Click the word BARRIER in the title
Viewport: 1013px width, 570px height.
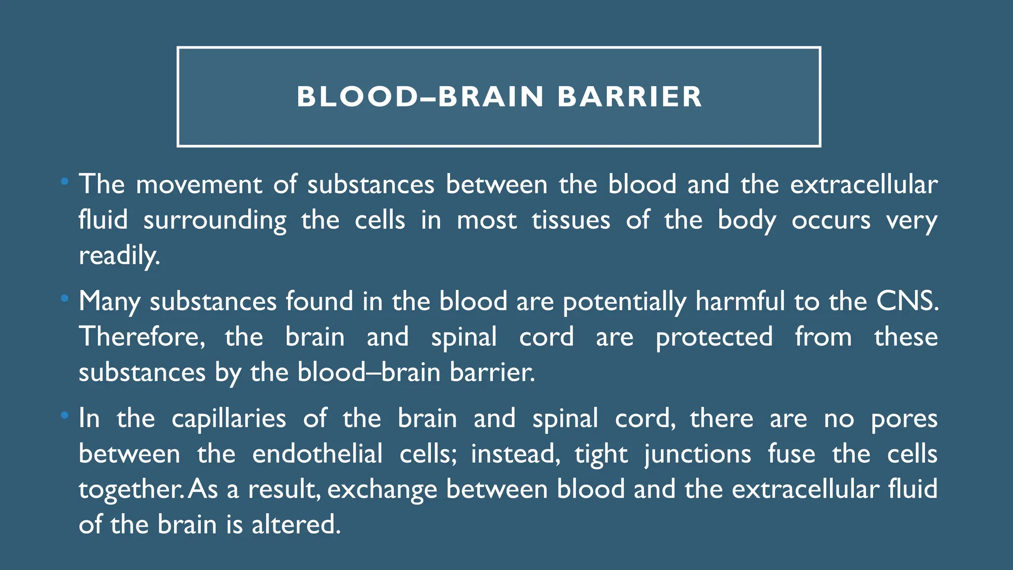point(630,96)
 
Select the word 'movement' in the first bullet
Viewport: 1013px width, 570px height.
point(198,185)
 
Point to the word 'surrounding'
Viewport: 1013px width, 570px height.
point(215,220)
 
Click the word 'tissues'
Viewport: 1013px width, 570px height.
point(571,220)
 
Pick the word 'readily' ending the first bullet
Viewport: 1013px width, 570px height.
point(119,256)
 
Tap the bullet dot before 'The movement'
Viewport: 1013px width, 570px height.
point(64,182)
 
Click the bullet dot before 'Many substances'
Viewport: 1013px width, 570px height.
point(64,299)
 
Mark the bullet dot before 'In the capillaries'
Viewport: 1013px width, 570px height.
point(64,416)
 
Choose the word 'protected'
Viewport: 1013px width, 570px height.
point(714,338)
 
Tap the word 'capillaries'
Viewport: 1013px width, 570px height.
point(229,419)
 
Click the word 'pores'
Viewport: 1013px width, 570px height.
point(904,419)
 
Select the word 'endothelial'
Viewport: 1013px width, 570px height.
point(317,454)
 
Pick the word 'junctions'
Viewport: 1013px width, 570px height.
point(697,455)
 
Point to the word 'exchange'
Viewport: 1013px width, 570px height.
point(382,490)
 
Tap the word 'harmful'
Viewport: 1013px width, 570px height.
point(740,301)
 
